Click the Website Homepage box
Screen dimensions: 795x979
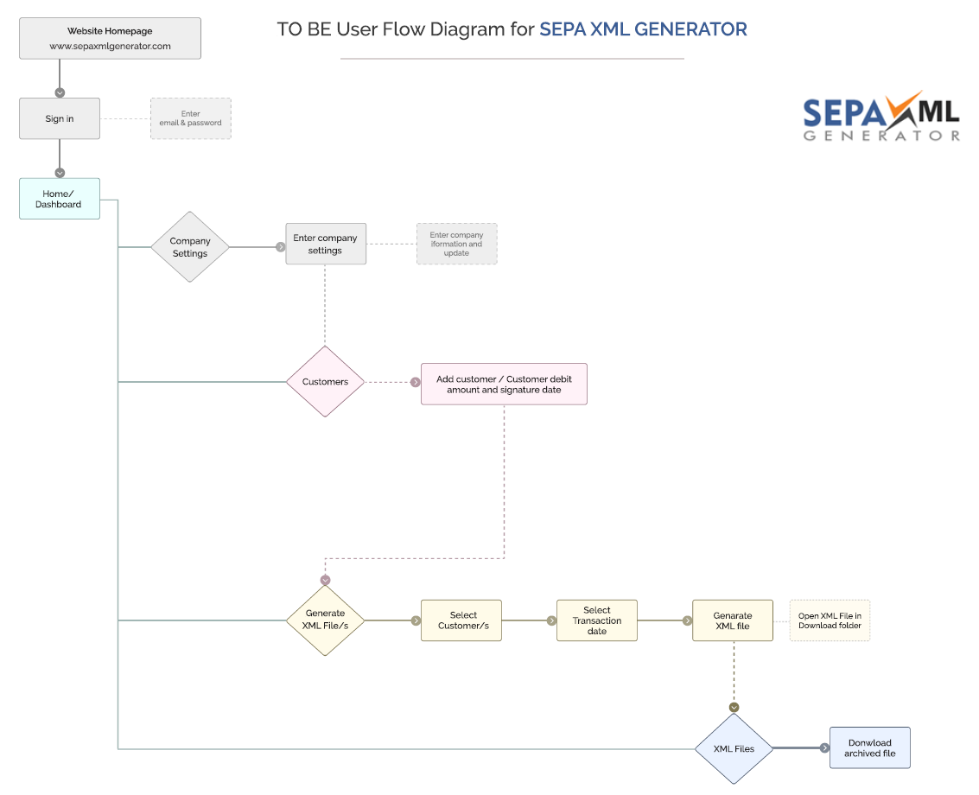click(x=110, y=38)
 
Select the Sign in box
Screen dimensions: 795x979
click(x=60, y=118)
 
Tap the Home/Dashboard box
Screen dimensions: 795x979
click(x=60, y=199)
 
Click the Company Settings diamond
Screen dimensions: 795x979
click(x=190, y=247)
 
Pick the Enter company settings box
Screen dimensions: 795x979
click(x=326, y=244)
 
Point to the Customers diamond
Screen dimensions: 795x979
click(x=326, y=382)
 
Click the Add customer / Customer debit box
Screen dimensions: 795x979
click(x=504, y=384)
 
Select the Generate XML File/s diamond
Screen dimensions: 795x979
click(x=326, y=620)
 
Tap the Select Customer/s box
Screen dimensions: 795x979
click(x=461, y=620)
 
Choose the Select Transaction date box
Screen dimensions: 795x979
click(x=597, y=620)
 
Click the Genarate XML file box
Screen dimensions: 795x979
click(x=733, y=620)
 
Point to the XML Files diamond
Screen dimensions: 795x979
click(x=734, y=748)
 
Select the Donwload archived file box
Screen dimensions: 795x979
click(x=869, y=747)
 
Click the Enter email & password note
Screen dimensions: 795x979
click(x=191, y=118)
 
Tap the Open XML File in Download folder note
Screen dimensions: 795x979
click(x=830, y=620)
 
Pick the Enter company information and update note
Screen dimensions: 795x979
click(x=456, y=244)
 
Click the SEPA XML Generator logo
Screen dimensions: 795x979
click(x=880, y=117)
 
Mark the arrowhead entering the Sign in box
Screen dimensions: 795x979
click(x=60, y=92)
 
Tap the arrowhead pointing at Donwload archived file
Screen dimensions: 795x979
click(x=824, y=748)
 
